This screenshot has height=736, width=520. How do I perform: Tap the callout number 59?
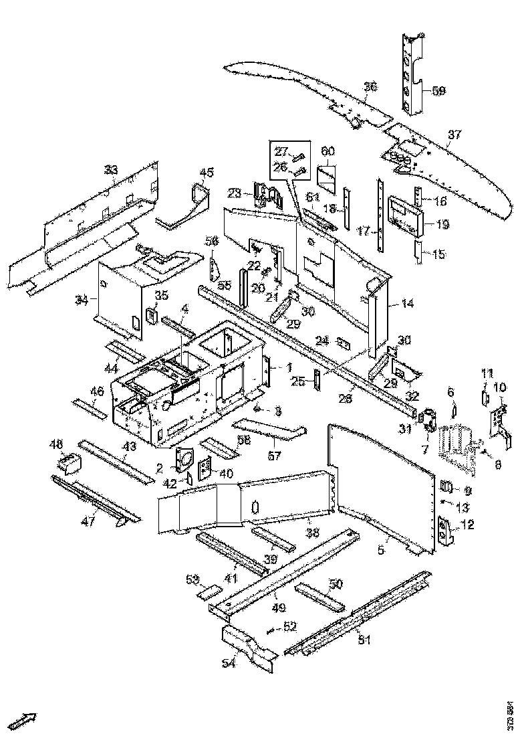(x=439, y=90)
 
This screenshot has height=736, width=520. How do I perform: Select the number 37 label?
(x=454, y=135)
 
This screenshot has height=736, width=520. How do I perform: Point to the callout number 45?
(x=207, y=173)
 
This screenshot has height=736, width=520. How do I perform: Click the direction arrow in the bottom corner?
(x=25, y=721)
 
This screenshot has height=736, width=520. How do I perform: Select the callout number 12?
(x=467, y=526)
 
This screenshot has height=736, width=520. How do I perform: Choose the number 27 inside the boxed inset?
(x=281, y=151)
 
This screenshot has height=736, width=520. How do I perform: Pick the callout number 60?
(x=327, y=151)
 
